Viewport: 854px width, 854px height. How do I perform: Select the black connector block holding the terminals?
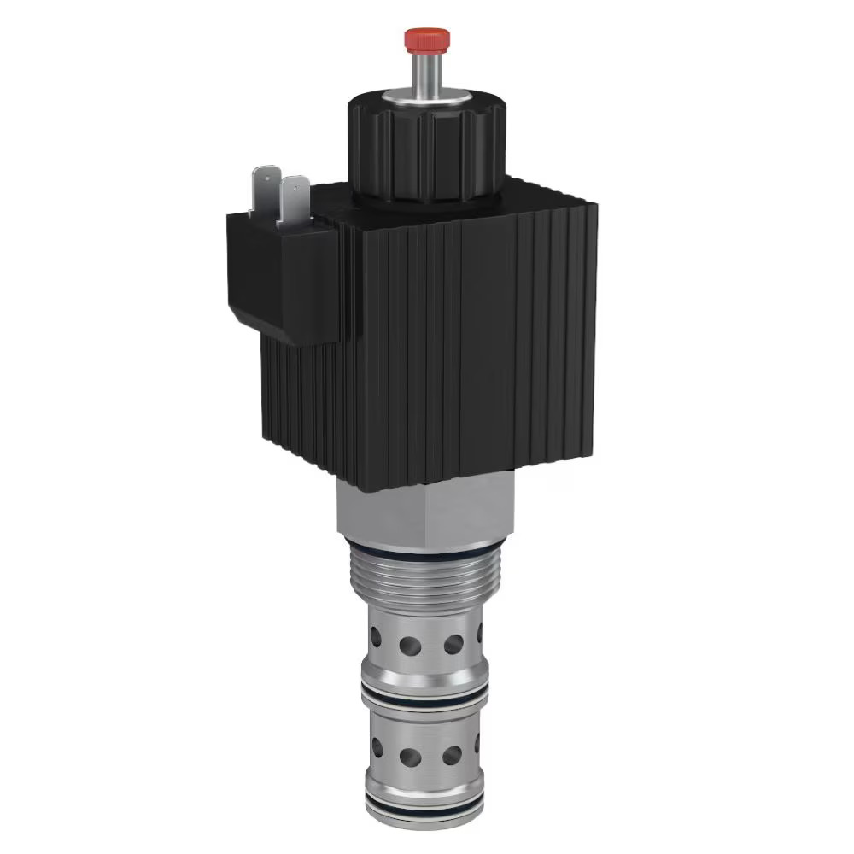click(273, 273)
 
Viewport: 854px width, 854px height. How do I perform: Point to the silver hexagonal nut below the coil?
click(427, 512)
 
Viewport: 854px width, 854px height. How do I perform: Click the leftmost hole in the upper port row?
click(377, 636)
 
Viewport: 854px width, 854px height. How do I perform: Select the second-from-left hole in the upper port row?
click(411, 643)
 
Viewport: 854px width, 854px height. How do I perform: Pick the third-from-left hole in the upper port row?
click(453, 642)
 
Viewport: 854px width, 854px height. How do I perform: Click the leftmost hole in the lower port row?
click(377, 748)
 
